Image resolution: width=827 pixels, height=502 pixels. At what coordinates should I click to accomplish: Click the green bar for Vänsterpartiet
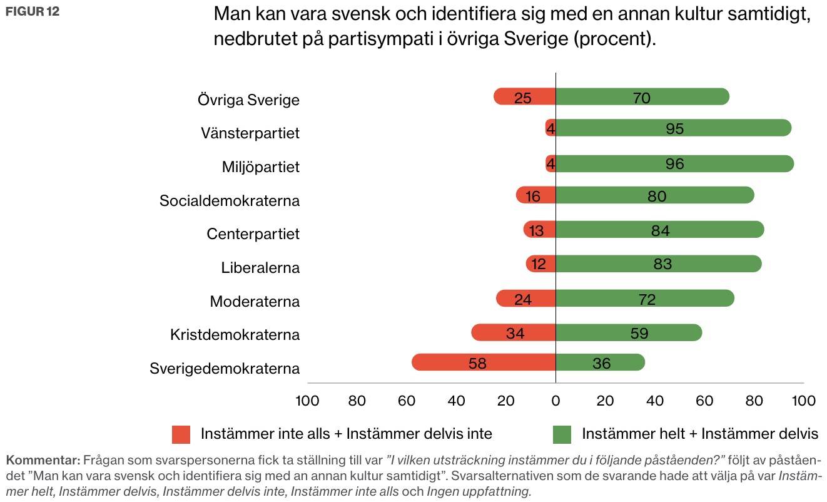pos(673,128)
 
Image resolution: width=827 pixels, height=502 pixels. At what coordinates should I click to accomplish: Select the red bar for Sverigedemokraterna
pos(483,363)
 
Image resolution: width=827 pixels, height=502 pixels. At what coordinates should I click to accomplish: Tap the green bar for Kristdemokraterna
pos(628,332)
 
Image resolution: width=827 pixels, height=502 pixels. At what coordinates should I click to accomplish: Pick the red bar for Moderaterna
pos(525,299)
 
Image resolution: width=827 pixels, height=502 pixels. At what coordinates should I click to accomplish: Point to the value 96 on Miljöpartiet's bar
pos(675,164)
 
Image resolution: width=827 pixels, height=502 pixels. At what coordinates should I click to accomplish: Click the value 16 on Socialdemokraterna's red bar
pos(533,197)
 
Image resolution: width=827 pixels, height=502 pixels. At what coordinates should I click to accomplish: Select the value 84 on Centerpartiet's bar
pos(660,231)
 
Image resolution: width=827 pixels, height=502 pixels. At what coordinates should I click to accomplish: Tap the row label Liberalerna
pos(260,268)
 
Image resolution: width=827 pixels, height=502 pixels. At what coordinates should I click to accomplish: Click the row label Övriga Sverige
pos(248,100)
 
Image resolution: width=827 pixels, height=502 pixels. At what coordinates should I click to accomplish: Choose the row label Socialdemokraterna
pos(230,201)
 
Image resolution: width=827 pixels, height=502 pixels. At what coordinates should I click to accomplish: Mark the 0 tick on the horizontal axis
pos(556,401)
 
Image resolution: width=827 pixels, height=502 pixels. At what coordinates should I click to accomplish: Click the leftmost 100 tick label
pos(307,401)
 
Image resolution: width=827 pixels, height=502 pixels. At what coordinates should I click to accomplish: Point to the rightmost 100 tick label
pos(803,401)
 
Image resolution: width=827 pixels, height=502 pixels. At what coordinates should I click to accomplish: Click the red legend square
pos(181,434)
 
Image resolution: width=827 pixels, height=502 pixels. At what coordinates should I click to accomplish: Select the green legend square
pos(562,434)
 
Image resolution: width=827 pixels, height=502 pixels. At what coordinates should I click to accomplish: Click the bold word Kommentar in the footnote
pos(43,460)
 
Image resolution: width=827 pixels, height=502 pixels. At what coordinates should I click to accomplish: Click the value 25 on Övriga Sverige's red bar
pos(522,98)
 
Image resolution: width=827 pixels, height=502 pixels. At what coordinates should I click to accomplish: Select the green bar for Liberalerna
pos(658,264)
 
